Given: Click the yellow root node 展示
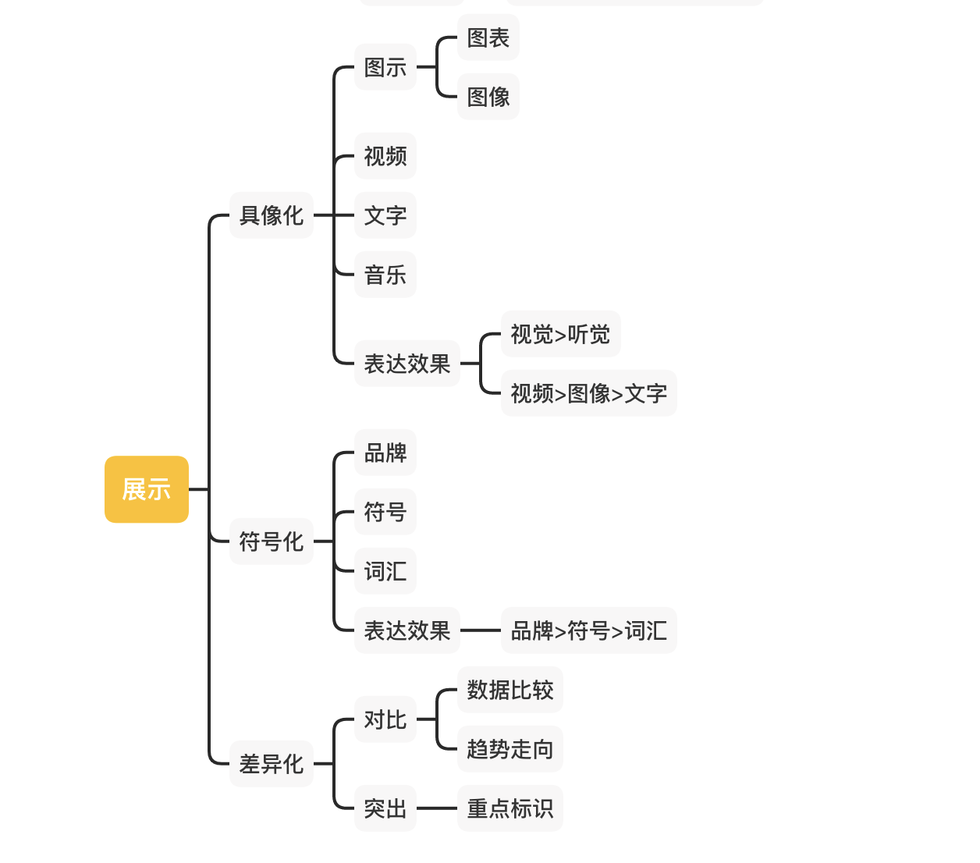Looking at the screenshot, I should pyautogui.click(x=147, y=489).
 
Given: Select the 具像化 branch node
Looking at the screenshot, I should pyautogui.click(x=271, y=215).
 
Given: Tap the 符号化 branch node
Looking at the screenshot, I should pyautogui.click(x=271, y=542).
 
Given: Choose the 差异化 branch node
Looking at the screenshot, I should pyautogui.click(x=271, y=764).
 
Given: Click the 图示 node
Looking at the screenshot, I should pyautogui.click(x=385, y=67).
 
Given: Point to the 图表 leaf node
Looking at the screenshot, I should pyautogui.click(x=488, y=37).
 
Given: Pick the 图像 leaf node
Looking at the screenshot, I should pyautogui.click(x=488, y=97).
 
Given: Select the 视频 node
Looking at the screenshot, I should pyautogui.click(x=385, y=156).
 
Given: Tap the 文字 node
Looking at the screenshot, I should pyautogui.click(x=385, y=215).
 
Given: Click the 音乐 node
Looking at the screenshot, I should pyautogui.click(x=385, y=275).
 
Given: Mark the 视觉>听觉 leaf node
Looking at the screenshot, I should pyautogui.click(x=560, y=334).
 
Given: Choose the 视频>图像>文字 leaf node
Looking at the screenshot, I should pyautogui.click(x=588, y=393).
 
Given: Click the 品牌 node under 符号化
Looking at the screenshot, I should pyautogui.click(x=385, y=453).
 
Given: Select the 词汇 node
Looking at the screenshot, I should pyautogui.click(x=385, y=571).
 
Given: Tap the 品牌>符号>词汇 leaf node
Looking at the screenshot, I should pyautogui.click(x=588, y=630).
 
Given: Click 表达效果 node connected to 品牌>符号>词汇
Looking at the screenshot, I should pyautogui.click(x=407, y=630).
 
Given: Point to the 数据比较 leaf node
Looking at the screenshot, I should pyautogui.click(x=510, y=690).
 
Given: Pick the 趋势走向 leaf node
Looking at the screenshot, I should pyautogui.click(x=510, y=749).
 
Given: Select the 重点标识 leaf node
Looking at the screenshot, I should pyautogui.click(x=510, y=808).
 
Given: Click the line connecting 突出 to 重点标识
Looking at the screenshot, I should pyautogui.click(x=437, y=808).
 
